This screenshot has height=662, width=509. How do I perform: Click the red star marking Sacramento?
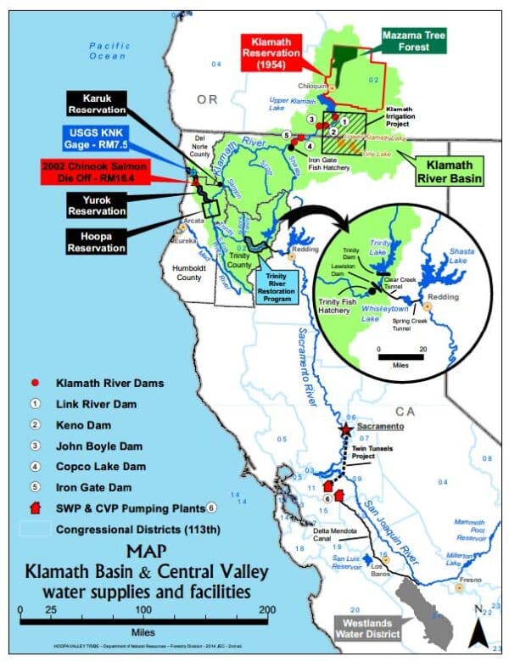(x=345, y=430)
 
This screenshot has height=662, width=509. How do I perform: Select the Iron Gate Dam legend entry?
(x=84, y=487)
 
